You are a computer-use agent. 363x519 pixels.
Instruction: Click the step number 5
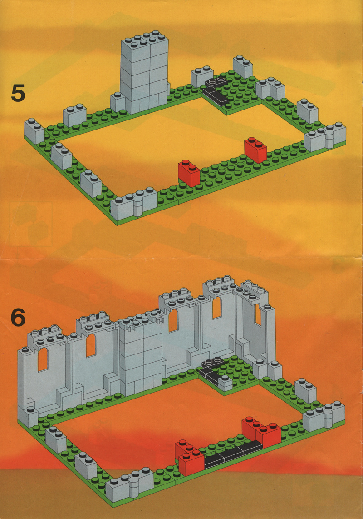[18, 93]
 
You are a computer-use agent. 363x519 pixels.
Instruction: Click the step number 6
[18, 318]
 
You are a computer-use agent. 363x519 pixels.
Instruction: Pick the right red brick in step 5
[255, 150]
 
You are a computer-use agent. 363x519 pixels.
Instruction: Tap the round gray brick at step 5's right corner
[330, 137]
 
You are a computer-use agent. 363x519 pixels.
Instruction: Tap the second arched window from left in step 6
[91, 345]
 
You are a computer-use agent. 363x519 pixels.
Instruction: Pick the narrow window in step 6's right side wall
[258, 315]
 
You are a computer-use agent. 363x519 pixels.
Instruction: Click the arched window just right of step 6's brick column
[173, 320]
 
